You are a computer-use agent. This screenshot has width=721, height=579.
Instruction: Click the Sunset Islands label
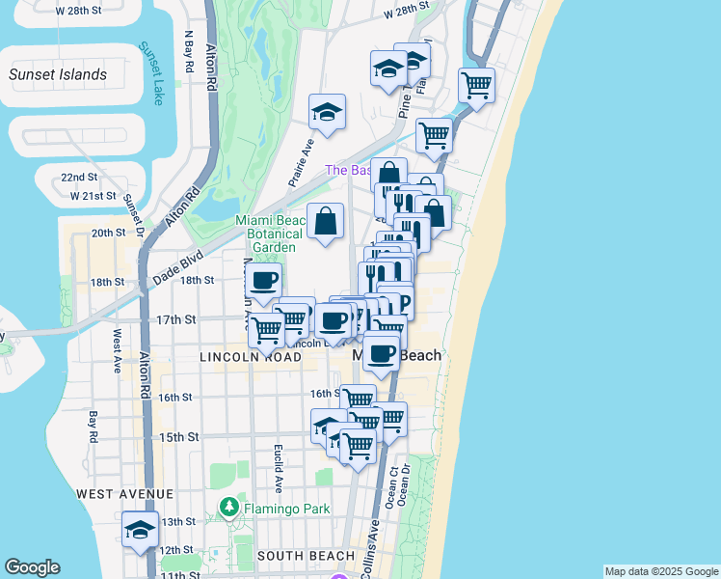pos(58,74)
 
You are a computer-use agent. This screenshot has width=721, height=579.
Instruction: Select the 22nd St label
pos(79,178)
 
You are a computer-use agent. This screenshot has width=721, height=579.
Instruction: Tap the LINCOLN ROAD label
pos(250,357)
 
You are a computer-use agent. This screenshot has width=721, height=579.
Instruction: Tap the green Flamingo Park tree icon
pos(229,507)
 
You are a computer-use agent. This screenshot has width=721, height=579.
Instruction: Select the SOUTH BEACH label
pos(307,556)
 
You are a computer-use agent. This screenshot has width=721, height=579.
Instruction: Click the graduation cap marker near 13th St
pos(140,531)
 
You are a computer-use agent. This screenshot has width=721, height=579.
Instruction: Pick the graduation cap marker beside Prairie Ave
pos(327,112)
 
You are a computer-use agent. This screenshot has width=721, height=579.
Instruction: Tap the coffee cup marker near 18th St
pos(264,282)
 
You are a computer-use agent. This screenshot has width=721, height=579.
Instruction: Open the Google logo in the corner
pos(32,567)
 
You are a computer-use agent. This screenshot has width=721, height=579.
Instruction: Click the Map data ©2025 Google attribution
pos(661,571)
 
